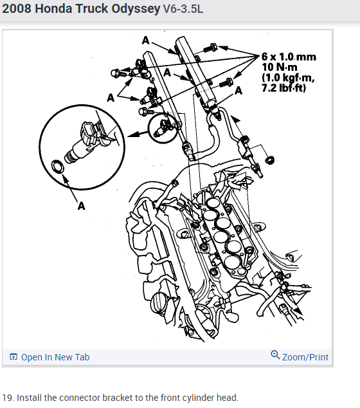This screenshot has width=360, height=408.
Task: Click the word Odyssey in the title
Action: [136, 9]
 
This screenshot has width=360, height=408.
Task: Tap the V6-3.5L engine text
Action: [183, 9]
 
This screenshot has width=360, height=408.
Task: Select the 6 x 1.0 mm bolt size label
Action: [289, 57]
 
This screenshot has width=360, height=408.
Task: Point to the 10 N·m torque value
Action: [280, 67]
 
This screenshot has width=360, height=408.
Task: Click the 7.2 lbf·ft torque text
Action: [284, 88]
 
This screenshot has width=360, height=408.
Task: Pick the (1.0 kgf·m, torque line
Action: [288, 77]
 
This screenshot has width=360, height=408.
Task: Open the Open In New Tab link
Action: [55, 357]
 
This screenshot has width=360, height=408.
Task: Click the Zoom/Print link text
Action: [305, 357]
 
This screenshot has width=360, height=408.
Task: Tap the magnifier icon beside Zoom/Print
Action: [275, 355]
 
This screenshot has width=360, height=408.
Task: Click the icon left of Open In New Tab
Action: [14, 357]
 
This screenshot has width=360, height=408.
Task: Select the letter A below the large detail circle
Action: [82, 206]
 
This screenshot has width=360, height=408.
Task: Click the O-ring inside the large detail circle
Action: [57, 167]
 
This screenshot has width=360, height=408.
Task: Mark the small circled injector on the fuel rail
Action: [163, 128]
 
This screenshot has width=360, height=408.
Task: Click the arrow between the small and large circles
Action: [138, 134]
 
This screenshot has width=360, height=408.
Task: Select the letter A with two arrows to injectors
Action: [111, 98]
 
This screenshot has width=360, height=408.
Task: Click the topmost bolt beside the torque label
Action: [210, 48]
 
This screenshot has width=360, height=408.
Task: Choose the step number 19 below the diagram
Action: [8, 398]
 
